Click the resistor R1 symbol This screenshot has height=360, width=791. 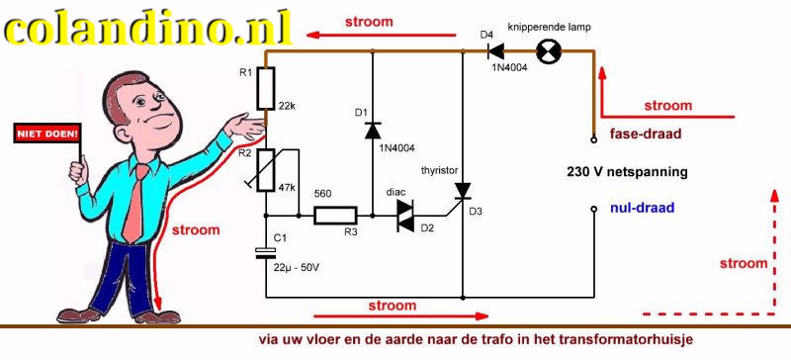pos(265,91)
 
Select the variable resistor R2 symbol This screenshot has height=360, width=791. pos(265,170)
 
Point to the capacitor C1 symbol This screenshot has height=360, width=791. pos(265,251)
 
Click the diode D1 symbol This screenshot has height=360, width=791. pos(372,130)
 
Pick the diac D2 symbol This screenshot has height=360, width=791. pos(404,215)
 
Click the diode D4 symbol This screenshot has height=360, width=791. pos(497,51)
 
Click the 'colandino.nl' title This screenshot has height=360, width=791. pos(148,28)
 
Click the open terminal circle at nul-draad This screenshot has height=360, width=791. pos(593,210)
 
